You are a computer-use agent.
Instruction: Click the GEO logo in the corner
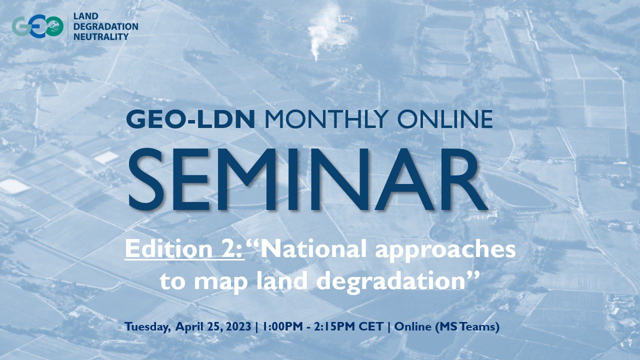coord(37,26)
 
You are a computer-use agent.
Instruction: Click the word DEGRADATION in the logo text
coord(105,26)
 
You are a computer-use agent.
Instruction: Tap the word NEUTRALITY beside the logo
coord(101,37)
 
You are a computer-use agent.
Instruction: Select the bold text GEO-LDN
coord(190,119)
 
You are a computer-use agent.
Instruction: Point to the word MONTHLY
coord(326,119)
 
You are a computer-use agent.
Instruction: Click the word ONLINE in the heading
coord(445,119)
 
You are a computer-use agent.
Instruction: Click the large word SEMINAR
coord(308,180)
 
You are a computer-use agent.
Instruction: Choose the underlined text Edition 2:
coord(184,249)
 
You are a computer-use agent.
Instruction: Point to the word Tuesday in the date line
coord(146,327)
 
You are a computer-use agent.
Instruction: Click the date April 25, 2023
coord(213,327)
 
